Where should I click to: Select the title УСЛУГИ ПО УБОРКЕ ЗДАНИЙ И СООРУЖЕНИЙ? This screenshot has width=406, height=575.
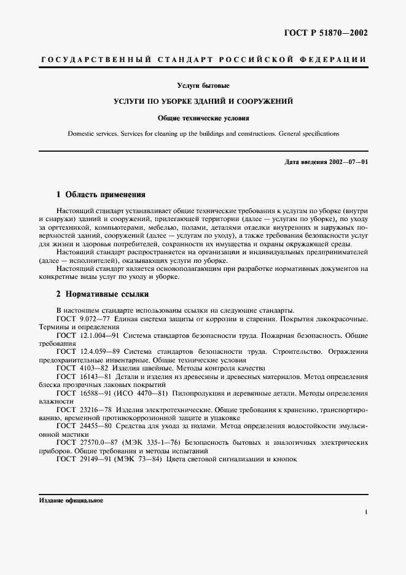(x=203, y=100)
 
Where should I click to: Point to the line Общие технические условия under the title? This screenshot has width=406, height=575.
(x=203, y=117)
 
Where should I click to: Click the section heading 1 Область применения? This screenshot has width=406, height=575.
(x=101, y=194)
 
